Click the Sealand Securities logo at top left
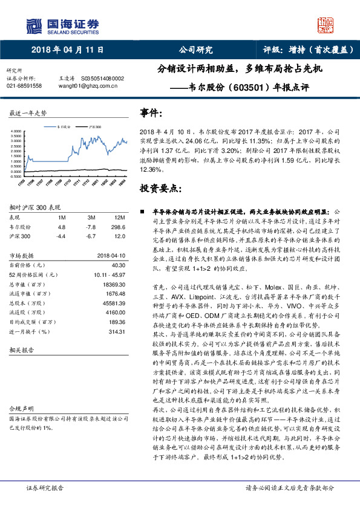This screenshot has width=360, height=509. [x=61, y=25]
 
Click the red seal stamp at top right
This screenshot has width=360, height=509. [x=326, y=25]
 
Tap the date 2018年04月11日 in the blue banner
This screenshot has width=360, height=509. [x=67, y=50]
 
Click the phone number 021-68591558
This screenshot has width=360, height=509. [x=24, y=86]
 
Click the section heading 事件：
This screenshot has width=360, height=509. [x=152, y=113]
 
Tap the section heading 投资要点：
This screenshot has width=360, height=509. [x=160, y=189]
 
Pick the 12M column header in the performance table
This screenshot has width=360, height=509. [x=118, y=217]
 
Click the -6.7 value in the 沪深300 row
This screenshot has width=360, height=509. [x=91, y=236]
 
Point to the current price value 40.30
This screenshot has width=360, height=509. [x=118, y=265]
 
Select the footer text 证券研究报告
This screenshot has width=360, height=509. [x=46, y=487]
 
